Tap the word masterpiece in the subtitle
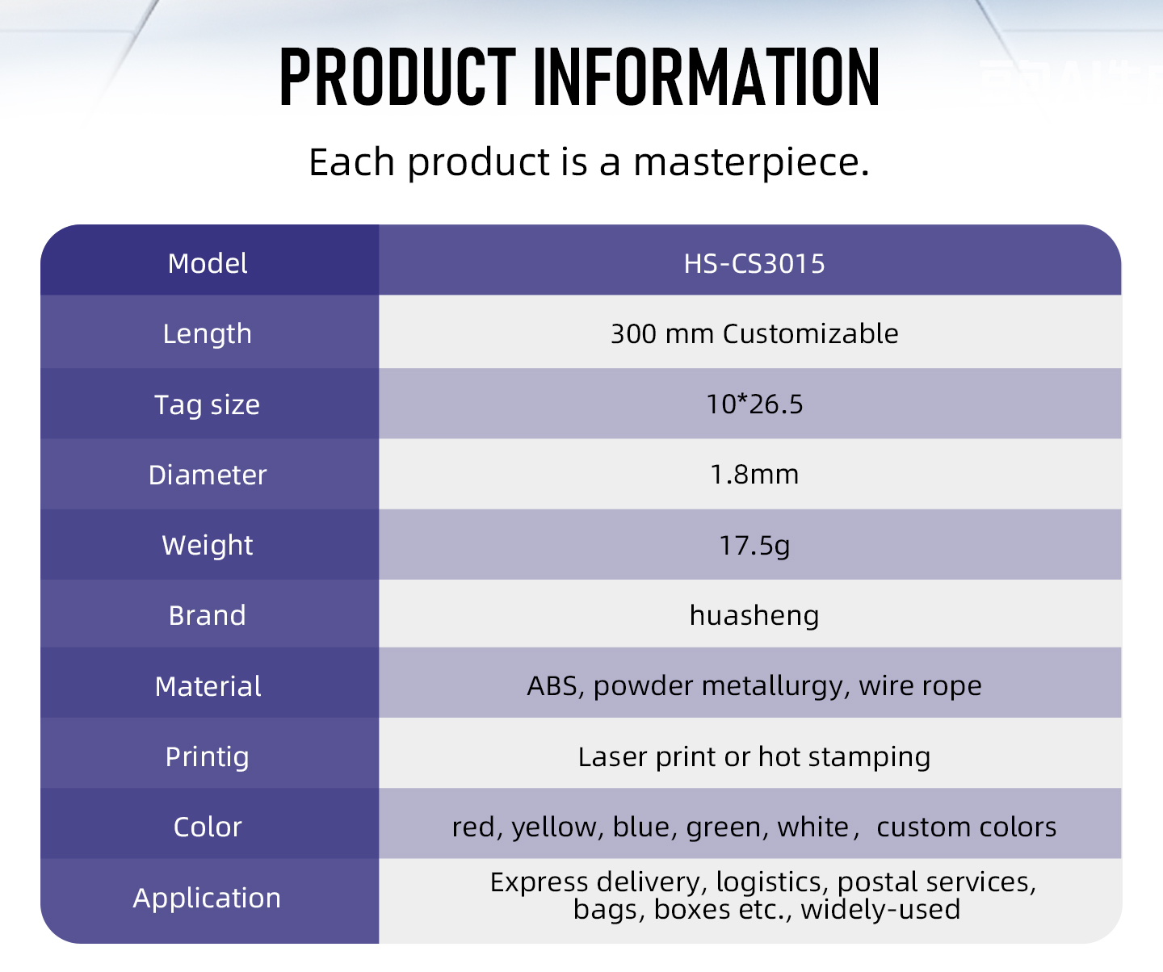(751, 162)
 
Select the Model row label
(208, 263)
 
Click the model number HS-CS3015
(754, 264)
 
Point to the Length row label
(208, 334)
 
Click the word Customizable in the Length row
(810, 334)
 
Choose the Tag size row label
(208, 404)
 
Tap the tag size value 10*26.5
(754, 404)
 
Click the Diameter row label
(208, 475)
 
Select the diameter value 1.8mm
(754, 475)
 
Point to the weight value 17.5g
(754, 546)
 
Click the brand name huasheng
(754, 616)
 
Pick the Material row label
(208, 686)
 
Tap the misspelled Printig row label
(208, 757)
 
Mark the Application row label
(207, 899)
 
